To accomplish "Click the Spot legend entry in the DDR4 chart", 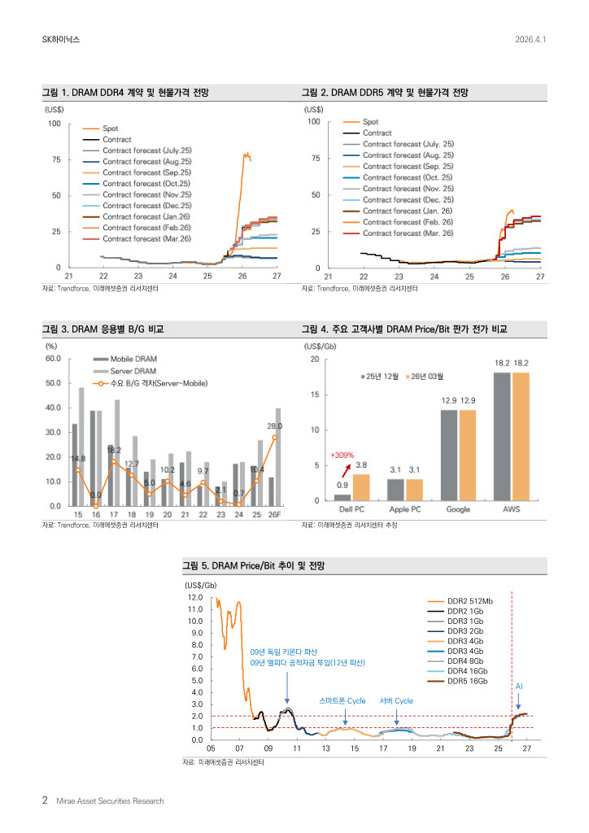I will [x=110, y=129].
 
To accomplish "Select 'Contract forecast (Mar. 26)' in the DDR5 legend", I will [x=408, y=233].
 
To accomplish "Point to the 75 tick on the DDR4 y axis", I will [x=55, y=159].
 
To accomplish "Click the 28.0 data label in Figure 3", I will [x=274, y=426].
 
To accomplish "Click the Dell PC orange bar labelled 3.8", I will [x=361, y=486].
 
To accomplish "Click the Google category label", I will [x=459, y=509].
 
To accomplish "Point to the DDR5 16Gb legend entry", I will [x=466, y=680].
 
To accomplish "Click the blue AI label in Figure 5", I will [x=519, y=687].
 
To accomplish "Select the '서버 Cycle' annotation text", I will [x=396, y=700].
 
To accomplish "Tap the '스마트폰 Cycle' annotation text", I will [x=342, y=700].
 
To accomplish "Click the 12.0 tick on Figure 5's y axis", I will [x=194, y=598].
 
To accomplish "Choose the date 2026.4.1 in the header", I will [x=530, y=39].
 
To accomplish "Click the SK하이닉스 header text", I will [x=61, y=39].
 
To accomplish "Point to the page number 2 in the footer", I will [x=45, y=800].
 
